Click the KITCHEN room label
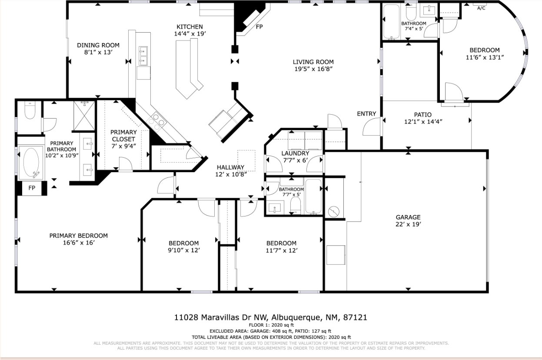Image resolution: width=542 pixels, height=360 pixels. click(x=190, y=27)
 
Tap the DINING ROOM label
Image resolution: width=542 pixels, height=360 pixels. click(x=98, y=45)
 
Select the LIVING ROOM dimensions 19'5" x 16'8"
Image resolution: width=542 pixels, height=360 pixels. click(x=313, y=69)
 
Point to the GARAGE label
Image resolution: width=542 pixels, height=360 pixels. click(x=408, y=217)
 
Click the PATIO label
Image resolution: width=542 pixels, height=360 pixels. click(x=423, y=114)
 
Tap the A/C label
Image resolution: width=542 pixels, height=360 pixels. click(x=481, y=8)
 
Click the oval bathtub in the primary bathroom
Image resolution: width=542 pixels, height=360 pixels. click(x=31, y=162)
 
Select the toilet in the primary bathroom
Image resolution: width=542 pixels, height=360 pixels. click(x=30, y=110)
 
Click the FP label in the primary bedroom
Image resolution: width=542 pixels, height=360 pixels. click(x=32, y=188)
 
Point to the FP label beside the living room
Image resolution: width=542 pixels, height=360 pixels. click(x=259, y=27)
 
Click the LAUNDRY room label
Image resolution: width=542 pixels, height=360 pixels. click(x=295, y=153)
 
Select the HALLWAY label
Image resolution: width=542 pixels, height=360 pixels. click(x=230, y=167)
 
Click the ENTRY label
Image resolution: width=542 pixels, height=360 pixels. click(x=366, y=113)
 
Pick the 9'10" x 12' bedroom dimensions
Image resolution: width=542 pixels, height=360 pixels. click(x=184, y=250)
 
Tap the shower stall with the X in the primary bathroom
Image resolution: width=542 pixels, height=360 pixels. click(x=84, y=116)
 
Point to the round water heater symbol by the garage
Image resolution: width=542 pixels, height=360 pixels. click(x=334, y=212)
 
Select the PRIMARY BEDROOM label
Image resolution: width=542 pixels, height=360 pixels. click(x=79, y=236)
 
